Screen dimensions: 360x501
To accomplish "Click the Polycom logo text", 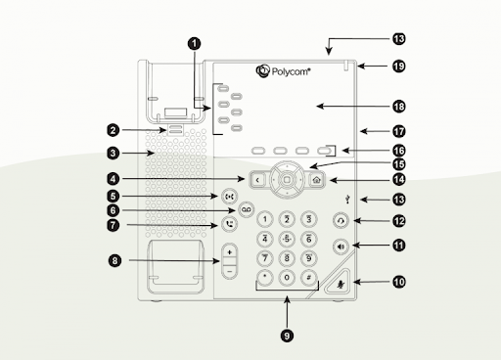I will [290, 71].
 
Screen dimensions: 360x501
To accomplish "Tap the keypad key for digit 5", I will [286, 238].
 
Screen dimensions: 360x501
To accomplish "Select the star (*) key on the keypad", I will [264, 279].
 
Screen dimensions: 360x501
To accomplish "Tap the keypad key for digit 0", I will [286, 279].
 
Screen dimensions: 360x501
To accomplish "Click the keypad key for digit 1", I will [264, 217].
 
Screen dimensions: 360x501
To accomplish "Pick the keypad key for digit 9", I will [308, 258].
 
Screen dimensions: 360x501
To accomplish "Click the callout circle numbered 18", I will [399, 105].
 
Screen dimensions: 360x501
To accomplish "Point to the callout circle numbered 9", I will [286, 334].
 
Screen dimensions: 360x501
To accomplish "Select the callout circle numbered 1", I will [194, 43].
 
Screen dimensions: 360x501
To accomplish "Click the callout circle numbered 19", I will [399, 67].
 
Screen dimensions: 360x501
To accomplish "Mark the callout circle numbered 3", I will [114, 153].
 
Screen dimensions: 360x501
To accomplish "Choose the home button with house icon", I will [315, 179].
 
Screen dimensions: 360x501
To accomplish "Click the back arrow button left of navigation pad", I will [256, 179].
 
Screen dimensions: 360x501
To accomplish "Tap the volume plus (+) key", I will [229, 252].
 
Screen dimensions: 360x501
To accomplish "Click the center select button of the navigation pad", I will [286, 179].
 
